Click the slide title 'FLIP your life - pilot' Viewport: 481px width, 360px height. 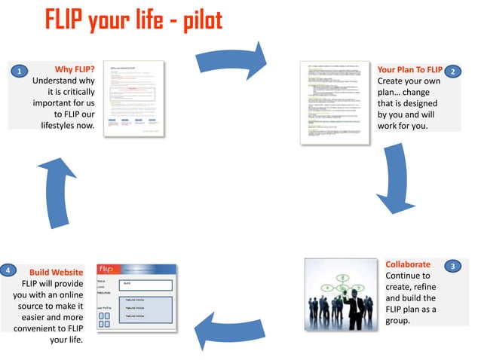pos(133,20)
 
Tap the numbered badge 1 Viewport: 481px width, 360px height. pos(17,72)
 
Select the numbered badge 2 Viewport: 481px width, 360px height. pos(452,72)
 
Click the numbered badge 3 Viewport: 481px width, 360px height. pos(452,267)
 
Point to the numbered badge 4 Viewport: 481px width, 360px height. pos(7,270)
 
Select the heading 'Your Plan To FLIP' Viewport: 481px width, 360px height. pos(409,70)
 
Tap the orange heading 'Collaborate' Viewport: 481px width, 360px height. pos(408,264)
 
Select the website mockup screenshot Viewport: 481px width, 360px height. pos(136,297)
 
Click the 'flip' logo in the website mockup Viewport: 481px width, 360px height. pos(107,270)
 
